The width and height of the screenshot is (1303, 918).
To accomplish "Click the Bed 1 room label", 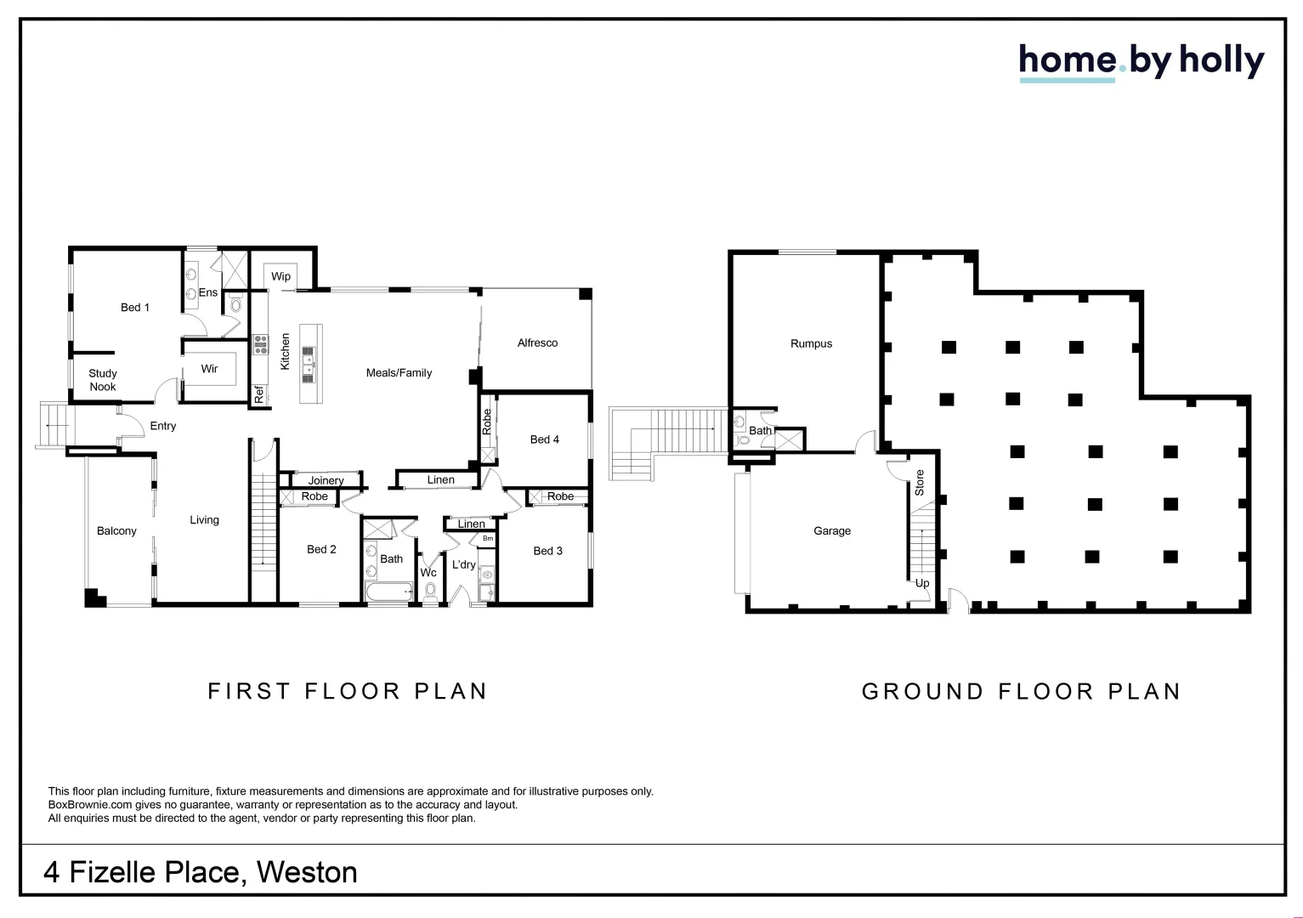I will pos(134,307).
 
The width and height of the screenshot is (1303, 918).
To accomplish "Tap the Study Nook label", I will pos(103,380).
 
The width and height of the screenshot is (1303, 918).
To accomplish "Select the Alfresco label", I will pos(537,343).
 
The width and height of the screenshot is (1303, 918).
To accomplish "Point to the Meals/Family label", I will pos(399,372).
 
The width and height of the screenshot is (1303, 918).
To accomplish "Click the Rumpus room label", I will pos(811,343).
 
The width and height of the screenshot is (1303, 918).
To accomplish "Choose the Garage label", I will pos(831,530).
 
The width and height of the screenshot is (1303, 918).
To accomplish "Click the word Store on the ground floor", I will pos(919,483).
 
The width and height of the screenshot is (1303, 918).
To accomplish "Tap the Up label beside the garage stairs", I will pos(921,583).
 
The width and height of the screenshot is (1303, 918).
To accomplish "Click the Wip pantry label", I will pos(280,276).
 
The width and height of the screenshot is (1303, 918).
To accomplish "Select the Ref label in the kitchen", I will pos(259,394).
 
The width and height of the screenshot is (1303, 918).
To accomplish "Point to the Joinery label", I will pos(326,480).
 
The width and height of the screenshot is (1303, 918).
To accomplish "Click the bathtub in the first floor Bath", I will pos(387,592).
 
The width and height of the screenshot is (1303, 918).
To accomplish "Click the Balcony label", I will pos(116,530).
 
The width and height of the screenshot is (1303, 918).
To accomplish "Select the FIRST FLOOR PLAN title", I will pos(348,691).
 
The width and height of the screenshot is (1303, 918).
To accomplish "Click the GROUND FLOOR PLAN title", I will pos(1022,691).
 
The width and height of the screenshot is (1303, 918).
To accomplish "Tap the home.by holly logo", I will pos(1141,61).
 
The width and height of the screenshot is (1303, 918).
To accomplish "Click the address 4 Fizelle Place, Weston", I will pos(201,872).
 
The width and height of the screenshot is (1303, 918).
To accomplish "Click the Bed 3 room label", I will pos(547,551).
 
